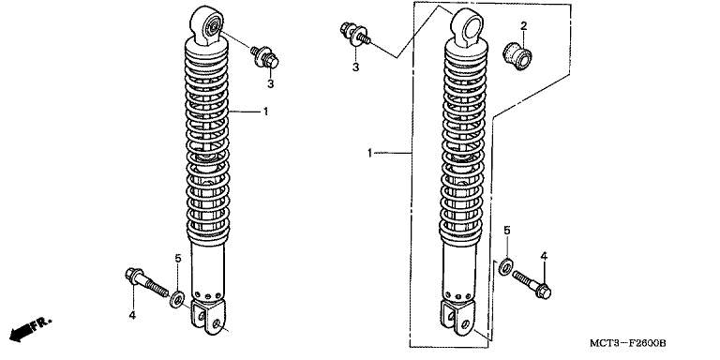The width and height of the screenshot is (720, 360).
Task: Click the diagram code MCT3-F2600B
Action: tap(628, 343)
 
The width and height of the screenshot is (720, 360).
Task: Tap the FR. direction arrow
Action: tap(30, 329)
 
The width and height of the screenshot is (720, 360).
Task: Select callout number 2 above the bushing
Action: tap(523, 25)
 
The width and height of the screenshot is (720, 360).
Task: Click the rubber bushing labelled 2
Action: tap(518, 56)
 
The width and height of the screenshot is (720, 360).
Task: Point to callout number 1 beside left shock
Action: tap(265, 112)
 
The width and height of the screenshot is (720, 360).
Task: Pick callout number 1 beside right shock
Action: tap(369, 153)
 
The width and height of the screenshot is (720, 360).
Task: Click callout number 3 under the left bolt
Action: tap(270, 84)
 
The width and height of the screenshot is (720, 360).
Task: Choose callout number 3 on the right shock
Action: tap(355, 67)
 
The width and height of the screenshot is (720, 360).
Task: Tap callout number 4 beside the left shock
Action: tap(132, 315)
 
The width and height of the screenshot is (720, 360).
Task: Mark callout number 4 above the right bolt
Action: tap(544, 256)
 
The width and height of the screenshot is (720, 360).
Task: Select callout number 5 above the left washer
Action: tap(178, 259)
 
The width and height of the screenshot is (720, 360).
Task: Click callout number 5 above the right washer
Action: tap(507, 231)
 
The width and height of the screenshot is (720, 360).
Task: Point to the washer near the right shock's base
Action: tap(506, 267)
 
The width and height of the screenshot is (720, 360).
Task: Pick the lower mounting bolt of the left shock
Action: tap(147, 282)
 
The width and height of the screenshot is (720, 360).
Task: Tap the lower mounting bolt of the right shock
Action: tap(532, 284)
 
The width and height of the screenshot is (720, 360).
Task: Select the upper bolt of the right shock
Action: tap(355, 35)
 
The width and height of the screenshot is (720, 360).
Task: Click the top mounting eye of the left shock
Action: tap(207, 24)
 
